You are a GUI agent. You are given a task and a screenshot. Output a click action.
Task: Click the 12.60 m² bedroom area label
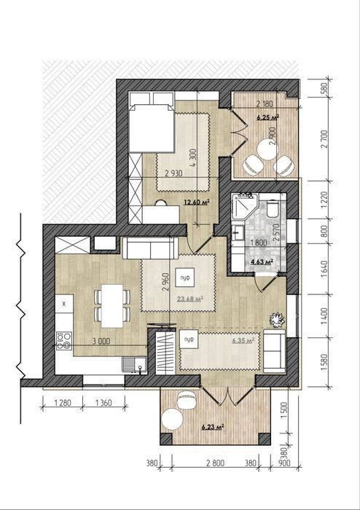coord(197,202)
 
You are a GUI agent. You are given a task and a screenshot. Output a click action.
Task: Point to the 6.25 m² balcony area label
coord(268,117)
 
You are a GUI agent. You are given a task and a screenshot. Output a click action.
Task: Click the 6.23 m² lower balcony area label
coord(213,427)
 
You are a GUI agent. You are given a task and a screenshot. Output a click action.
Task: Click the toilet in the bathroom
coord(273,208)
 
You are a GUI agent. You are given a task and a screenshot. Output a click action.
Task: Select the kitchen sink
coord(134,365)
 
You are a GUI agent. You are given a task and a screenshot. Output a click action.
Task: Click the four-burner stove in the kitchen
coord(64,340)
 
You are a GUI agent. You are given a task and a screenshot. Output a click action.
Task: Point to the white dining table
coord(112,306)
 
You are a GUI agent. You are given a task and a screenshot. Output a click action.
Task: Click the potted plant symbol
coord(277,319)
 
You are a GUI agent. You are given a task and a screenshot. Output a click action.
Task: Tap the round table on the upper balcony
coord(268,149)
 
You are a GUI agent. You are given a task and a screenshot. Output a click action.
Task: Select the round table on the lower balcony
coord(173,420)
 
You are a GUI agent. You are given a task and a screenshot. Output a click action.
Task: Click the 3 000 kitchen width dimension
coord(101,341)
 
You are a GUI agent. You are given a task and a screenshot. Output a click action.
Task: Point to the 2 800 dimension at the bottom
coord(215,463)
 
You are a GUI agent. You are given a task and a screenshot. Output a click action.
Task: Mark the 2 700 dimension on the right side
coord(324,139)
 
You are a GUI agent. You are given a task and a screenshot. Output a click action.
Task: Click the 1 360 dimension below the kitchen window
coord(103,403)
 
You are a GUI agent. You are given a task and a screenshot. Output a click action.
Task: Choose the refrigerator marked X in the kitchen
coord(64,304)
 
